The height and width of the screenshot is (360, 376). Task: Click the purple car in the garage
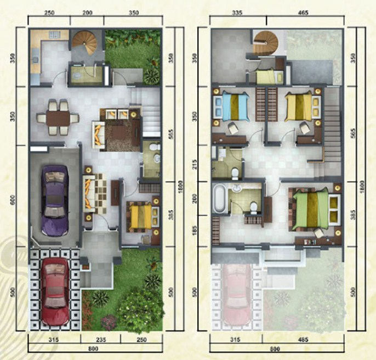[55, 201]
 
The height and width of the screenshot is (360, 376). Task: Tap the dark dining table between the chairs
[58, 118]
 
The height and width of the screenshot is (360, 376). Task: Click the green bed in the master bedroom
[311, 209]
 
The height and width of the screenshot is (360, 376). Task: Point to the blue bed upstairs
[235, 106]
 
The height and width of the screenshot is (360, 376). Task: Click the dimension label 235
[101, 340]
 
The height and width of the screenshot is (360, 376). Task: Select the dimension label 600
[13, 200]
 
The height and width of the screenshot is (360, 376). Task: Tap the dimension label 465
[303, 13]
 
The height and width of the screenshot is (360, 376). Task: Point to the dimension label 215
[195, 164]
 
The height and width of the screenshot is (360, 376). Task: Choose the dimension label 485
[303, 340]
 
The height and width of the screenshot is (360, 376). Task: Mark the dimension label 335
[237, 13]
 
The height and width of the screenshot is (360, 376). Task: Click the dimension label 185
[195, 230]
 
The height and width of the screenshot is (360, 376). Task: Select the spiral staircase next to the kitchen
[85, 43]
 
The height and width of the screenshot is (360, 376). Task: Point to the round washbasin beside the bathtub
[237, 189]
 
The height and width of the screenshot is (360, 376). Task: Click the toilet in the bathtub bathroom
[253, 207]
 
